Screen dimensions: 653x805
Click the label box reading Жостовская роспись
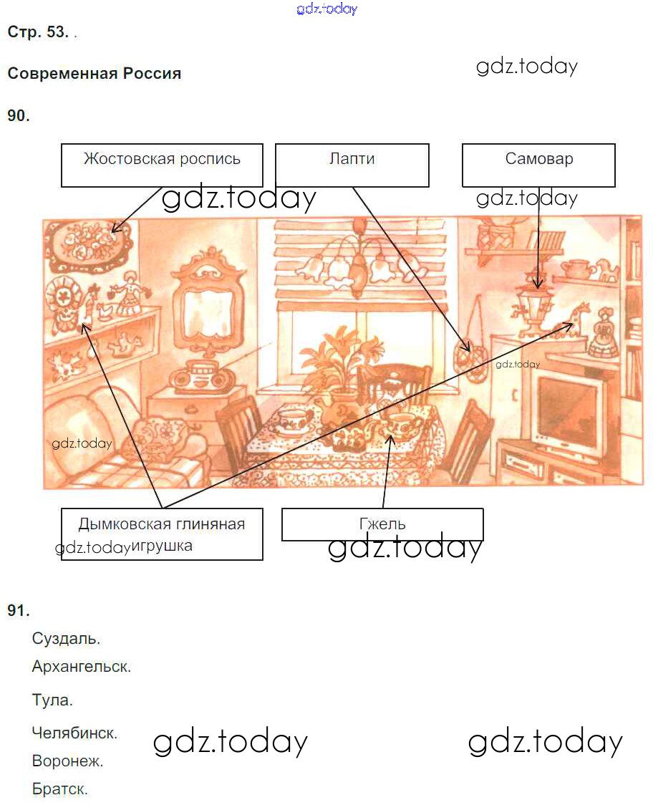point(162,165)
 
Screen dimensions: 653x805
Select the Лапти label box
point(352,165)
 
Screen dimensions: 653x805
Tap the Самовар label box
point(538,165)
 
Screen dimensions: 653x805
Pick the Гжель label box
point(382,524)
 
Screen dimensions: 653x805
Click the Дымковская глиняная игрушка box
point(162,534)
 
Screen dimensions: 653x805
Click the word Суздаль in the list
point(66,639)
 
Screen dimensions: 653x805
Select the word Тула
point(52,700)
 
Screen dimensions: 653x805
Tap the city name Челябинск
point(74,733)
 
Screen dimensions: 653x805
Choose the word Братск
point(59,789)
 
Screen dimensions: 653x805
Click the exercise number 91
point(19,610)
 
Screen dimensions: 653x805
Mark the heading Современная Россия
point(95,74)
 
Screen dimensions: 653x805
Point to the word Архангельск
point(81,666)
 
